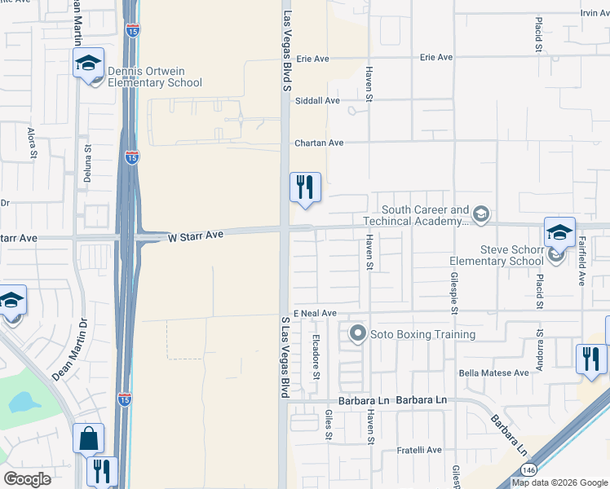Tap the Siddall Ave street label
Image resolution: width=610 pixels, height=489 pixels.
coord(317,100)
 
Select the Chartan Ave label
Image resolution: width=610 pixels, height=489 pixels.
coord(319,143)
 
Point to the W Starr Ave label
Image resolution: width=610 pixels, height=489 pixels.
coord(196,236)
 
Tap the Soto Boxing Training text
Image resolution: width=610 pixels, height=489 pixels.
coord(422,334)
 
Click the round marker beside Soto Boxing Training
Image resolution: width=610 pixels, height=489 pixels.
coord(357,333)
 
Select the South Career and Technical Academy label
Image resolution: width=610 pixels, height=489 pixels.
coord(425,215)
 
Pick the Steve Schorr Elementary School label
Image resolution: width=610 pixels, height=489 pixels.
coord(496,255)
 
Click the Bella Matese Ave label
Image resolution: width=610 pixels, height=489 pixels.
coord(494,372)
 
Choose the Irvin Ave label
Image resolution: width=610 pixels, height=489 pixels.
coord(595,13)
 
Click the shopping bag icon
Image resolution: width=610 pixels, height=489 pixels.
coord(88,438)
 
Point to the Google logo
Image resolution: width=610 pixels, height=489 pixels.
coord(27,479)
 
